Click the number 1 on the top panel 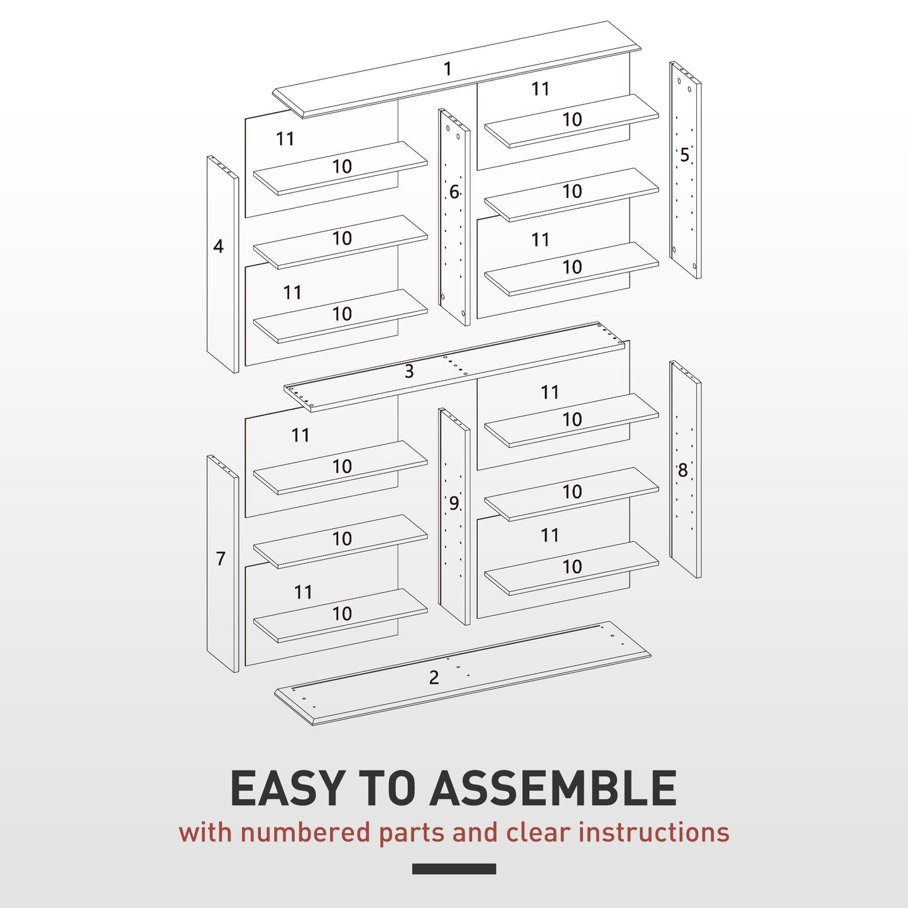pyautogui.click(x=447, y=68)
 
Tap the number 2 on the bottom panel pyautogui.click(x=434, y=677)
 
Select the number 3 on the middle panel pyautogui.click(x=409, y=371)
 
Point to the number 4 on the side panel pyautogui.click(x=218, y=246)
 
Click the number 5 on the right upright pyautogui.click(x=684, y=155)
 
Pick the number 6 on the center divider pyautogui.click(x=454, y=192)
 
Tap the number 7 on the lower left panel pyautogui.click(x=221, y=558)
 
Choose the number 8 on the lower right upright pyautogui.click(x=682, y=470)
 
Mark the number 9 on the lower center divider pyautogui.click(x=454, y=503)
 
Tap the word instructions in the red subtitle pyautogui.click(x=654, y=833)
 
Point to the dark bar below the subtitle pyautogui.click(x=454, y=868)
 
